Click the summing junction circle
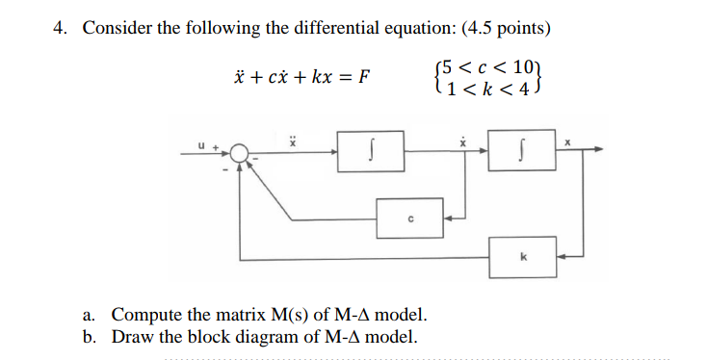[x=241, y=152]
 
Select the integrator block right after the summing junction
[x=371, y=152]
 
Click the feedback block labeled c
[x=409, y=218]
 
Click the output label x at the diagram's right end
[x=568, y=141]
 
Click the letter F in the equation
[x=363, y=78]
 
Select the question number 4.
[x=60, y=28]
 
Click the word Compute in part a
[x=144, y=315]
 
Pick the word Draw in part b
[x=131, y=337]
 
